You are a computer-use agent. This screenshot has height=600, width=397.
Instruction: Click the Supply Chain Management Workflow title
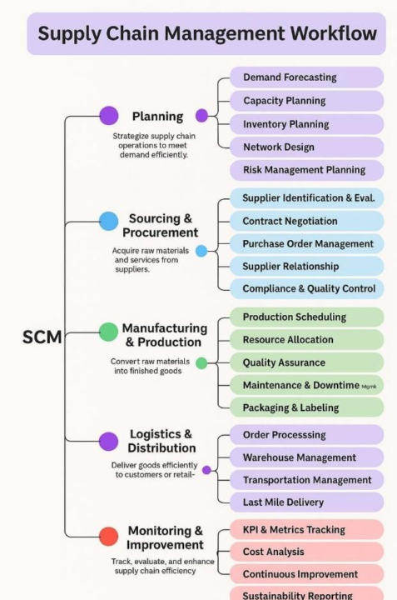(x=206, y=33)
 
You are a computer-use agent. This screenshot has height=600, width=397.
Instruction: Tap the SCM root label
(x=42, y=337)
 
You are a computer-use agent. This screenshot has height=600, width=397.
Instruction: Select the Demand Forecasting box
(x=306, y=77)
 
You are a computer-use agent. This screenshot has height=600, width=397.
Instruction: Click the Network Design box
(x=306, y=147)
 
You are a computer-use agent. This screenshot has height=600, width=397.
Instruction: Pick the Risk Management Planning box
(x=306, y=170)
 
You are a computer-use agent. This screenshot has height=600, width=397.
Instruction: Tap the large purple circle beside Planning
(x=108, y=116)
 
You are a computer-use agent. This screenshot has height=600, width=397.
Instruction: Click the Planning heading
(x=157, y=117)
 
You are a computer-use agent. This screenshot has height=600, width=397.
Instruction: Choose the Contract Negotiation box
(x=306, y=222)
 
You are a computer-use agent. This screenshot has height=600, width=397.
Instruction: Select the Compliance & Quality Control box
(x=306, y=289)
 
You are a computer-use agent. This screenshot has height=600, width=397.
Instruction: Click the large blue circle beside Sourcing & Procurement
(x=108, y=221)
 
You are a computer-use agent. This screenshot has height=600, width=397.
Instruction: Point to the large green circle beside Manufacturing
(x=108, y=332)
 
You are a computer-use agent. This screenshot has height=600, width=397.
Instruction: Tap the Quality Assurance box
(x=306, y=363)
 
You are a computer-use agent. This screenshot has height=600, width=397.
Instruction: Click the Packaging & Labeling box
(x=306, y=408)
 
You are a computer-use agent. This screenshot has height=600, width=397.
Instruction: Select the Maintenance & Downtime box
(x=306, y=386)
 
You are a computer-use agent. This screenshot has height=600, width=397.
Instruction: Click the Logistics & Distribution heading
(x=161, y=442)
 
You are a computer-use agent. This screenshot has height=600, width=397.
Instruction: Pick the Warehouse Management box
(x=306, y=457)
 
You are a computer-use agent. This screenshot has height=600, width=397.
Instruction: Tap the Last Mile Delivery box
(x=306, y=502)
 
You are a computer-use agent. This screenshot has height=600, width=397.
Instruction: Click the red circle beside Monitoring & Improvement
(x=108, y=536)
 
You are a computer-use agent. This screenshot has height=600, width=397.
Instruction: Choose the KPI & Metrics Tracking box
(x=306, y=530)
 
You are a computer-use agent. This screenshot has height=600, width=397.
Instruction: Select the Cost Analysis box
(x=306, y=552)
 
